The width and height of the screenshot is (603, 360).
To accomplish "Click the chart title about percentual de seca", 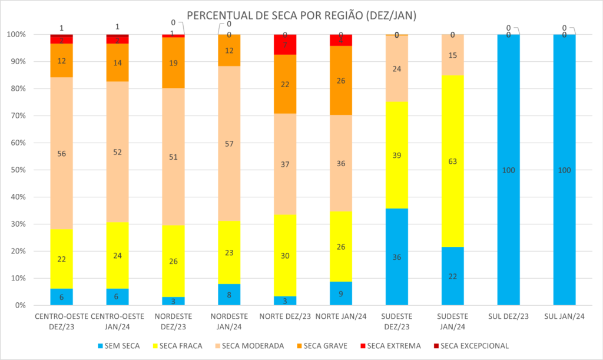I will (301, 16).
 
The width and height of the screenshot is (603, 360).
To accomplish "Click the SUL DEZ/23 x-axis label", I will (508, 316).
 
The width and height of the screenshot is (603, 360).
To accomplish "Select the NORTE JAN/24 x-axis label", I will (340, 316).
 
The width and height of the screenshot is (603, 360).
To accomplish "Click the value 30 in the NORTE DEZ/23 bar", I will (285, 256).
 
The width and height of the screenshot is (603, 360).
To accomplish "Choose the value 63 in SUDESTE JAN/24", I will (452, 161).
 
